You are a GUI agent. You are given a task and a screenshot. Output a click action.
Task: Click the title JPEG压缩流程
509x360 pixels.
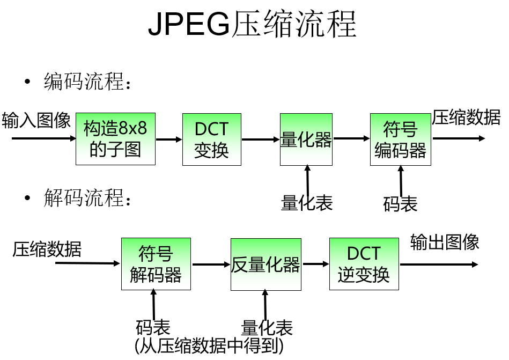click(x=252, y=24)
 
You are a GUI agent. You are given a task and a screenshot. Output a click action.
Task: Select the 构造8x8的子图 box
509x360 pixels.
click(x=115, y=139)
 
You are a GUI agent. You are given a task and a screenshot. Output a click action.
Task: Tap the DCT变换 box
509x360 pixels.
click(x=211, y=139)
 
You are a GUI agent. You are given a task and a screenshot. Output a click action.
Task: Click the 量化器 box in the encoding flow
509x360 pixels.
click(x=306, y=139)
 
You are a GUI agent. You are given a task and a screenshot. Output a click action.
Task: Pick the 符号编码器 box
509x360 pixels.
click(x=400, y=139)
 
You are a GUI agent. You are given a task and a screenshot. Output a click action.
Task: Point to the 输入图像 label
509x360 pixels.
click(x=36, y=120)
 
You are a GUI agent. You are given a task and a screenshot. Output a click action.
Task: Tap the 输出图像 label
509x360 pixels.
click(x=445, y=242)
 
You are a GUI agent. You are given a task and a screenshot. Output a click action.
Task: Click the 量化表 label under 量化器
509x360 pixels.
click(x=307, y=202)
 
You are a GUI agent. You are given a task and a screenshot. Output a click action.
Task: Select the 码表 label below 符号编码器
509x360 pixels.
click(x=400, y=203)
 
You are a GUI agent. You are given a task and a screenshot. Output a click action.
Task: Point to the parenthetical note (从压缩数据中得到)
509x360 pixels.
click(x=209, y=346)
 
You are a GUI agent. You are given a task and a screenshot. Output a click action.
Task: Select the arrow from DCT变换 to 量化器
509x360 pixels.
click(x=261, y=139)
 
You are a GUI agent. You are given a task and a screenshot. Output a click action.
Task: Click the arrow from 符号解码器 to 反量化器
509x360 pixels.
click(x=211, y=264)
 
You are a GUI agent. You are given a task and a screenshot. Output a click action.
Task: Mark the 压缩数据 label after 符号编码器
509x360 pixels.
click(x=466, y=117)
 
